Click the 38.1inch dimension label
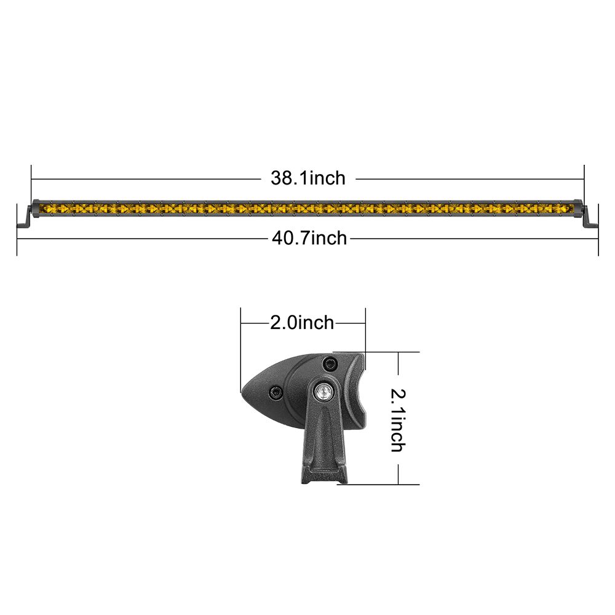pos(308,178)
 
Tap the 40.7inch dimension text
pos(309,238)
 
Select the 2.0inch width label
pos(302,323)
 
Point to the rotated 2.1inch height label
pos(398,420)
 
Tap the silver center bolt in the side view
pos(323,391)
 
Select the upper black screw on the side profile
pos(330,364)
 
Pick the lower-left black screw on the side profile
pos(276,392)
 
